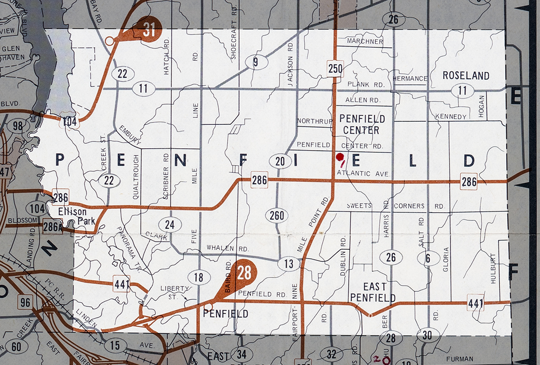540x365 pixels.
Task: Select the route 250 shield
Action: [x=336, y=68]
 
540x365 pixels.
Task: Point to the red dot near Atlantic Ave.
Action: [x=340, y=157]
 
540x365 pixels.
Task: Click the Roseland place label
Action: [x=466, y=75]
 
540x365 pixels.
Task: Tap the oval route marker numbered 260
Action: [x=277, y=215]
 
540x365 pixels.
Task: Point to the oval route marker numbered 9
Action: [x=255, y=62]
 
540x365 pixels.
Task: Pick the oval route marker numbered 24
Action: [x=170, y=224]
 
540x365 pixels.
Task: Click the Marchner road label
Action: [x=365, y=42]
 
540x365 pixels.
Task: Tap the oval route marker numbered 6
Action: [x=427, y=258]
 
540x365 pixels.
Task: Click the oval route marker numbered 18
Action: [x=198, y=277]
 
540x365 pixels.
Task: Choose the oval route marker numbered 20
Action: [x=280, y=161]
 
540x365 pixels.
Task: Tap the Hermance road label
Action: [x=410, y=78]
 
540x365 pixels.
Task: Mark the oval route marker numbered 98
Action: [x=18, y=126]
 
